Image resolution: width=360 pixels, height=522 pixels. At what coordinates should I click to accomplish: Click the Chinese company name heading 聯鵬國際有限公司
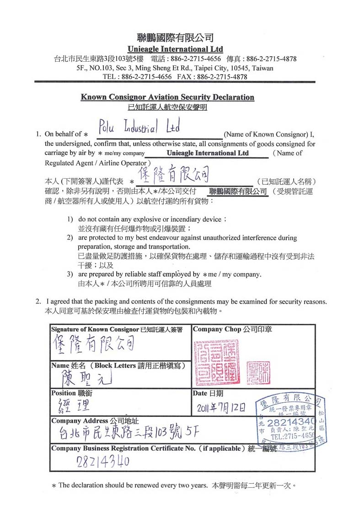[x=175, y=37]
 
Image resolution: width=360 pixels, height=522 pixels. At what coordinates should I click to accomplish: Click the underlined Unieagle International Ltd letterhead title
[x=175, y=49]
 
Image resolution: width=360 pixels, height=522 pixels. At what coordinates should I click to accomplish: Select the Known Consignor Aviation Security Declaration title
[x=167, y=97]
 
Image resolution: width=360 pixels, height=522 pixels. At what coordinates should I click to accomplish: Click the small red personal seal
[x=258, y=372]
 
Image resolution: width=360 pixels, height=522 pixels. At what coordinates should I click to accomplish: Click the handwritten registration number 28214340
[x=103, y=461]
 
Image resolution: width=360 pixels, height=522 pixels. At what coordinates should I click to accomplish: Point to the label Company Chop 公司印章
[x=232, y=329]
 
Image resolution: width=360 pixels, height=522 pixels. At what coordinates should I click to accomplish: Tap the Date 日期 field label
[x=208, y=393]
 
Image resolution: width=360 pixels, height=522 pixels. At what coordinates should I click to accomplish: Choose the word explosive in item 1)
[x=158, y=219]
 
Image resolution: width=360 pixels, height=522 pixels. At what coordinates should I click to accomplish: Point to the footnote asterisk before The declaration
[x=54, y=486]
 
